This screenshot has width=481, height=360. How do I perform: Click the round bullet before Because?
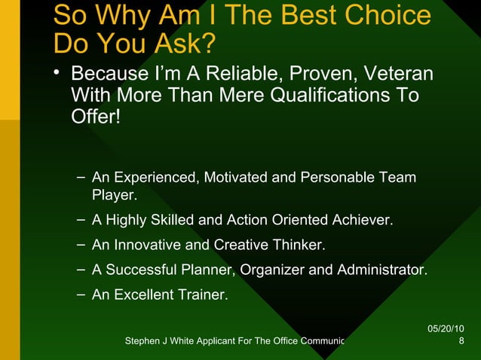point(58,74)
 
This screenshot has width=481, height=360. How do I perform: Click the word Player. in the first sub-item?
point(114,197)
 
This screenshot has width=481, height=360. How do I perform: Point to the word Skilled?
point(167,221)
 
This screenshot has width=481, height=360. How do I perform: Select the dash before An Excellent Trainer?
point(81,294)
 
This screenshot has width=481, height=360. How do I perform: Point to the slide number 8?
point(461,342)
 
